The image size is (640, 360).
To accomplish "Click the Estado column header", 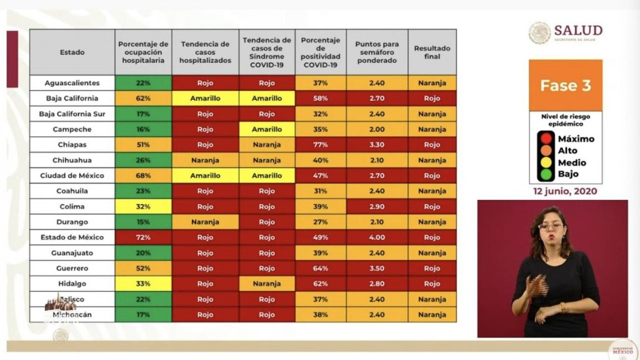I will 72,52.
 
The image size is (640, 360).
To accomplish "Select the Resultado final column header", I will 432,52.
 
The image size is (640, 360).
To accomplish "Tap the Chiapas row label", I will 72,144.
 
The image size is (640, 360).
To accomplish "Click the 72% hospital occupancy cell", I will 143,238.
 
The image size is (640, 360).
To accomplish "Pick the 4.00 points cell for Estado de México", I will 376,238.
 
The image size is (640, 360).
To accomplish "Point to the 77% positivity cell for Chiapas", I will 321,144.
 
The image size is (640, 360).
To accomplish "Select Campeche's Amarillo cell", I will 267,129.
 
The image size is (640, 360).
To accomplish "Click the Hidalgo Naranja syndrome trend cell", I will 267,284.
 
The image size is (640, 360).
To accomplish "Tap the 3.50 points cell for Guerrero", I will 376,268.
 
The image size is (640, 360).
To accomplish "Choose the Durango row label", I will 72,222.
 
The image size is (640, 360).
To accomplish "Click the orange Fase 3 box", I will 565,85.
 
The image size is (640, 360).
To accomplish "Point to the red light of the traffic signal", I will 545,139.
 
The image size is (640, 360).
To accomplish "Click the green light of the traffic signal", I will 545,175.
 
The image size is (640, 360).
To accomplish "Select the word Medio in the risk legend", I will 572,163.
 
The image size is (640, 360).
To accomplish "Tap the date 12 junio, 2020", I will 565,191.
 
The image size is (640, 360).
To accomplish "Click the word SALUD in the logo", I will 578,30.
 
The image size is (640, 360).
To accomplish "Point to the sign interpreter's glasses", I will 550,226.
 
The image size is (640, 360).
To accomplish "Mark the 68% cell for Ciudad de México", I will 143,176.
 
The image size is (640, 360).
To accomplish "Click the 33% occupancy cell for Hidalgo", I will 143,284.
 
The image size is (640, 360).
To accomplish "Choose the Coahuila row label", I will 72,191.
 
